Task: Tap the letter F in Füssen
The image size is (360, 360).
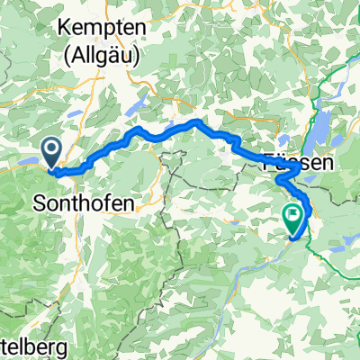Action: point(267,165)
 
